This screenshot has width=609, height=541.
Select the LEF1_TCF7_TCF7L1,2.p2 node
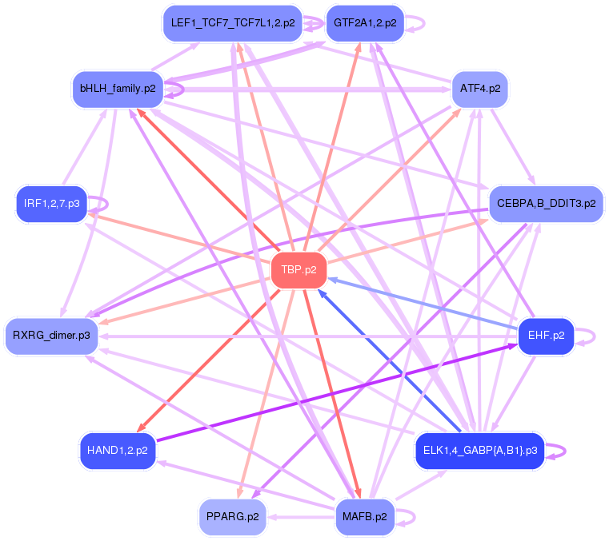(x=233, y=23)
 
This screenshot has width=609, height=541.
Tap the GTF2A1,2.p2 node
(x=365, y=23)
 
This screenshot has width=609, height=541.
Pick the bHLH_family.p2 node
(x=118, y=87)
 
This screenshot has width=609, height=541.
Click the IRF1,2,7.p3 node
(x=51, y=204)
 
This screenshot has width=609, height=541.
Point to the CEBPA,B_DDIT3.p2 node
(x=546, y=203)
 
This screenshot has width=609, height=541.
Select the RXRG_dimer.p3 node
(x=51, y=336)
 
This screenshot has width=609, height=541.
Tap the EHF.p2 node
(x=547, y=336)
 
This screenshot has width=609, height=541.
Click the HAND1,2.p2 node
(x=117, y=451)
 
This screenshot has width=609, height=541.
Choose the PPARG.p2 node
(x=232, y=516)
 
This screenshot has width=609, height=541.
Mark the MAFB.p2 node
(x=365, y=516)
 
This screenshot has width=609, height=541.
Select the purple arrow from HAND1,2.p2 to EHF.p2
(x=336, y=393)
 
